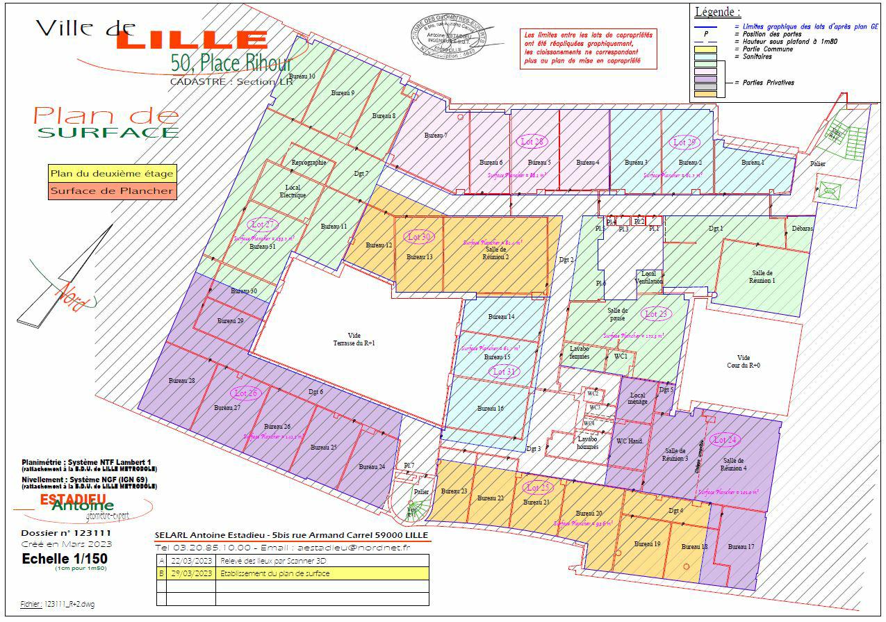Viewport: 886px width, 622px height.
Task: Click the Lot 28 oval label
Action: tap(532, 141)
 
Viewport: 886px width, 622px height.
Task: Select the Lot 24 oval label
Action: tap(725, 440)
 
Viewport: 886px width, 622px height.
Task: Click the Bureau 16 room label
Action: tap(490, 409)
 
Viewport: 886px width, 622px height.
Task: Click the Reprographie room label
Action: tap(309, 163)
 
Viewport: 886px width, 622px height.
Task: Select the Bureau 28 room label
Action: tap(181, 381)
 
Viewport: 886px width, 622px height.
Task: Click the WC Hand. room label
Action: tap(630, 441)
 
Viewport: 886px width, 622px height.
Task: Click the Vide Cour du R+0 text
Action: tap(748, 361)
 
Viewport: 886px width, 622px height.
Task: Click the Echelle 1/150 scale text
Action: tap(65, 559)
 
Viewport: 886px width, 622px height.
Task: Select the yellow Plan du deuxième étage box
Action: tap(111, 173)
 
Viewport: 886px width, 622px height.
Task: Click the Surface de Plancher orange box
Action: tap(111, 191)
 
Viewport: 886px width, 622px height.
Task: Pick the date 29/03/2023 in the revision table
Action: tap(191, 573)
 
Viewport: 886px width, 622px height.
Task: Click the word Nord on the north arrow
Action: tap(75, 295)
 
